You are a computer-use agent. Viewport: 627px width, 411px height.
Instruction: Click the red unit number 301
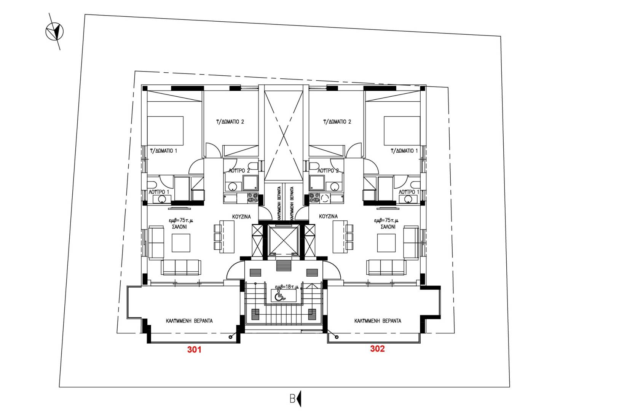click(x=194, y=349)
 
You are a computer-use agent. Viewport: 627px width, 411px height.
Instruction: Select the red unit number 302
click(x=377, y=349)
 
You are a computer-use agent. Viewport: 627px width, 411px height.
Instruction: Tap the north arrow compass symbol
click(x=54, y=32)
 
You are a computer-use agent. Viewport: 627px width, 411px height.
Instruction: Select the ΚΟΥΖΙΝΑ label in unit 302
click(x=328, y=216)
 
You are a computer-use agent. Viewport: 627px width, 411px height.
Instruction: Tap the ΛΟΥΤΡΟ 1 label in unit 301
click(x=159, y=192)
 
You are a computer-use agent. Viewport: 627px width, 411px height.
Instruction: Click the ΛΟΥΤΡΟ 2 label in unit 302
click(x=328, y=171)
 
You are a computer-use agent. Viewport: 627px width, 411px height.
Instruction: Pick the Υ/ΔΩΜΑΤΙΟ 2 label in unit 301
click(x=230, y=122)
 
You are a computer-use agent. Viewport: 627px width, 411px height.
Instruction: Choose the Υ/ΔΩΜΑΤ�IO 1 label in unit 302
click(x=404, y=151)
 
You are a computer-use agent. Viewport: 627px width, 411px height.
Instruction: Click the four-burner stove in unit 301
click(x=253, y=198)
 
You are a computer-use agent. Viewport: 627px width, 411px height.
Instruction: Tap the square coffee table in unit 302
click(x=386, y=243)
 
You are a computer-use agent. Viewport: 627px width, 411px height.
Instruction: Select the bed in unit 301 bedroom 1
click(x=165, y=131)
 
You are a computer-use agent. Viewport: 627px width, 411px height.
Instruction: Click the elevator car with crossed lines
click(x=282, y=240)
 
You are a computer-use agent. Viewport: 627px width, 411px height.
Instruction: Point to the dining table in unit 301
click(x=227, y=237)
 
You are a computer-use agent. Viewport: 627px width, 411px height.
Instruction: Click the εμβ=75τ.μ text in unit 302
click(x=386, y=220)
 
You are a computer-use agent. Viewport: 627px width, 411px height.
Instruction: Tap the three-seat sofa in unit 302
click(x=386, y=268)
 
